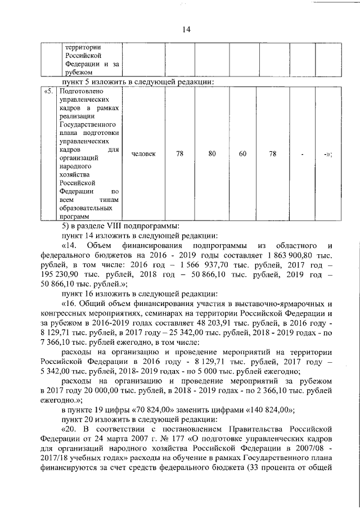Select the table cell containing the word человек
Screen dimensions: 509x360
tap(143, 154)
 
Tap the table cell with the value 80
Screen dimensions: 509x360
tap(212, 154)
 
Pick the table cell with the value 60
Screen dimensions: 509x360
tap(242, 154)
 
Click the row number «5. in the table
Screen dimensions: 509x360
tap(49, 90)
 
